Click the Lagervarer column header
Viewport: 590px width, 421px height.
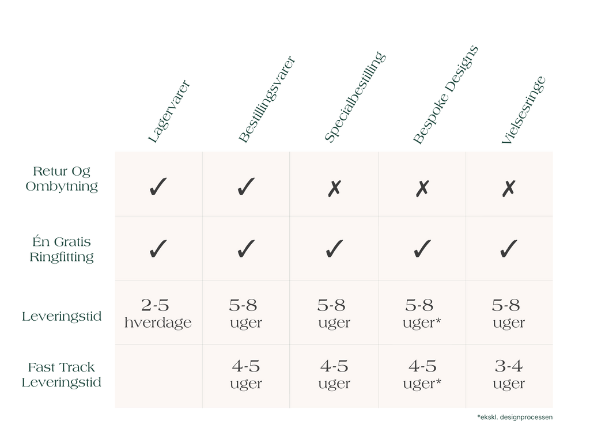pos(169,112)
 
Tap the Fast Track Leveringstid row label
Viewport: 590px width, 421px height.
pos(61,375)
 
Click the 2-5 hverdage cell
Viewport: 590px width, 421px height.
pos(157,313)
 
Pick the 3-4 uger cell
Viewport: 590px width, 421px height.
pos(509,374)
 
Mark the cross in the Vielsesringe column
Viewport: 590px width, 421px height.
pos(508,188)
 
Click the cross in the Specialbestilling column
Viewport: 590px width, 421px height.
pos(334,188)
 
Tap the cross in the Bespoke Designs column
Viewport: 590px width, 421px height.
pos(422,188)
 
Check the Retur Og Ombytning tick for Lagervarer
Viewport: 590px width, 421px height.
pos(157,187)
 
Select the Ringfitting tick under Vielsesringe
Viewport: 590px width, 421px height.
pos(508,249)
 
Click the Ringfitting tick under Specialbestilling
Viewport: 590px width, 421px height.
pos(334,249)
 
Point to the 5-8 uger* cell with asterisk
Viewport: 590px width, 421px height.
pos(422,313)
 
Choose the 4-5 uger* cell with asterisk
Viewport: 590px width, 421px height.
pos(422,374)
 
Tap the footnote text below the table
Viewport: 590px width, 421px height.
pos(515,416)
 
